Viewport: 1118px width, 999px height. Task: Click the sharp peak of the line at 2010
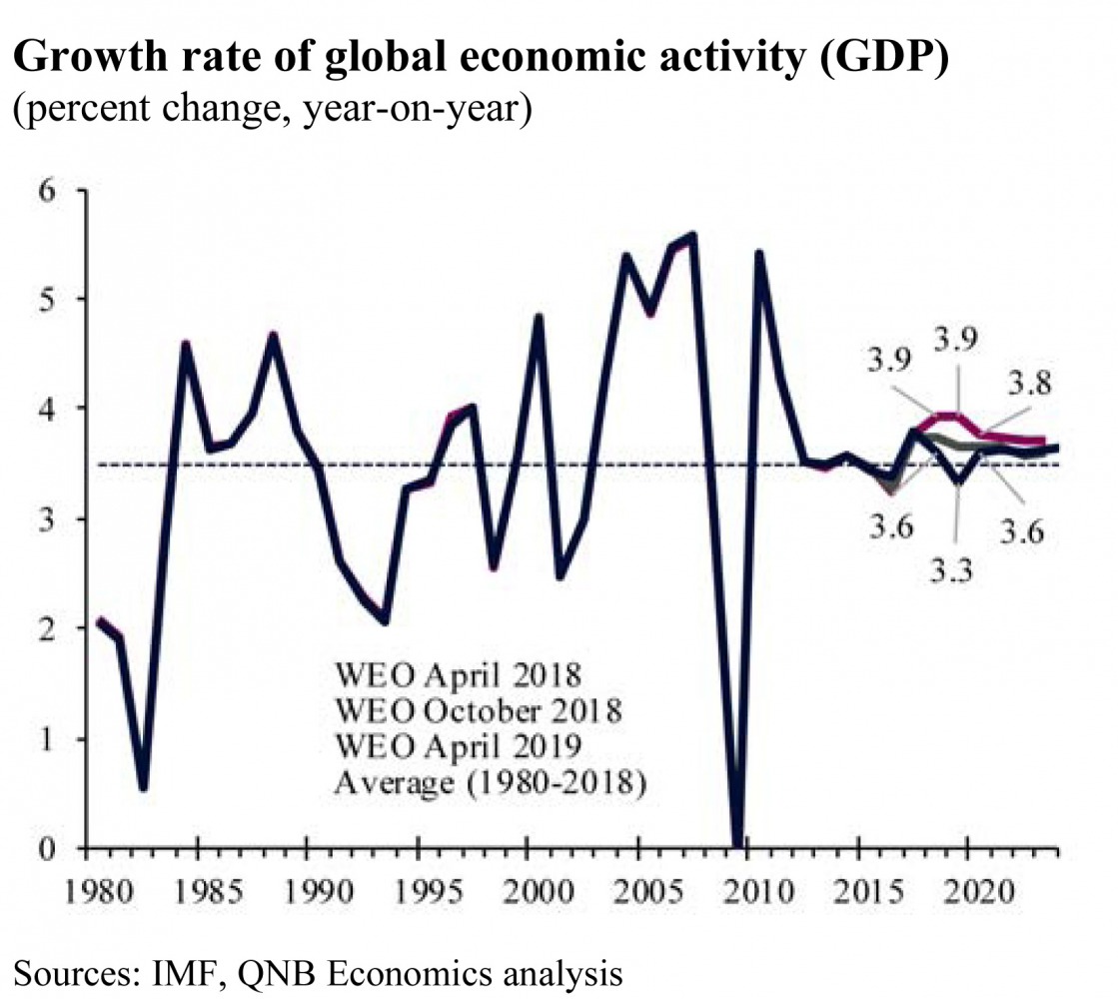click(x=759, y=253)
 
